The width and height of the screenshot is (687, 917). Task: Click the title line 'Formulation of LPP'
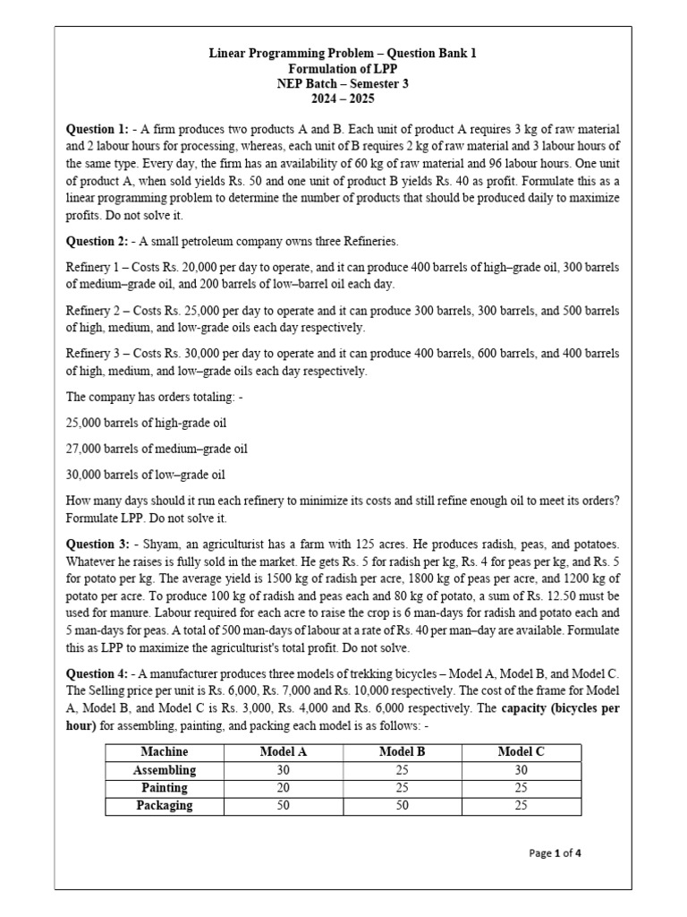343,68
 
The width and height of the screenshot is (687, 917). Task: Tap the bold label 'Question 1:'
98,129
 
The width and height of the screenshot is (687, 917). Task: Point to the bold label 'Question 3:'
98,544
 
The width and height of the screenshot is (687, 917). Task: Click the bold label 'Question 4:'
98,673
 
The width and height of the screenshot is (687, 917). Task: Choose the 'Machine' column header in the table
165,752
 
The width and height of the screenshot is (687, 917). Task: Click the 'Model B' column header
402,752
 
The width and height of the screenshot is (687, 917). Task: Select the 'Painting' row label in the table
165,788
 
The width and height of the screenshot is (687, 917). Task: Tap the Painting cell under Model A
283,788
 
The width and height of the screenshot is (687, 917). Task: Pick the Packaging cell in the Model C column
522,806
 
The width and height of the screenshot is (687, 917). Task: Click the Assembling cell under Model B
402,770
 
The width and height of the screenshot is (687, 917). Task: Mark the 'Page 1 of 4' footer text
556,853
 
